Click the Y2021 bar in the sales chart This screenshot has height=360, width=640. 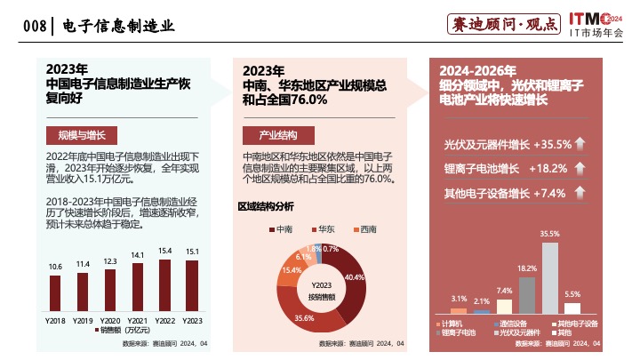(x=138, y=288)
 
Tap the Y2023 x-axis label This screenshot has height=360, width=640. (x=192, y=318)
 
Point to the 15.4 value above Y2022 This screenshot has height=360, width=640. (x=164, y=252)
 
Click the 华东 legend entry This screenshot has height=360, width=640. (x=322, y=229)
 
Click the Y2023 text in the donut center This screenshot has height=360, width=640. (x=322, y=284)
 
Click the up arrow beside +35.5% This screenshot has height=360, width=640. (x=579, y=144)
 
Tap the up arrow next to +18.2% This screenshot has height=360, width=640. (x=579, y=168)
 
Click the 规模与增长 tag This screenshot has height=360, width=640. (x=76, y=135)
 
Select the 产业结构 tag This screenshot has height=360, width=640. (x=278, y=135)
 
